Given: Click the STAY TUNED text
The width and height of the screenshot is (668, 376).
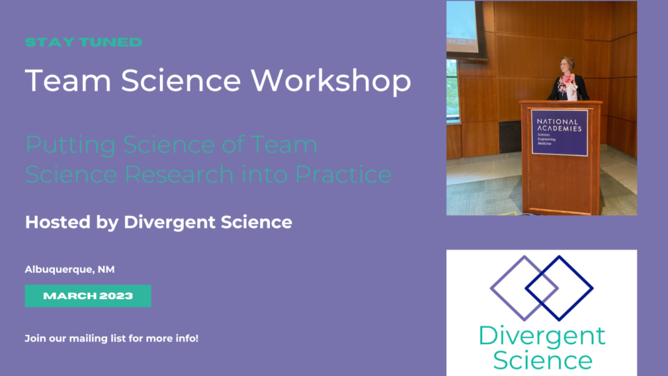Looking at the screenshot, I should tap(83, 42).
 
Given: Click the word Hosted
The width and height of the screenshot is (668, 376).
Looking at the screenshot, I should tap(54, 222).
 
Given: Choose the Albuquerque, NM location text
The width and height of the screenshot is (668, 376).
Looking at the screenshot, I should tap(70, 269).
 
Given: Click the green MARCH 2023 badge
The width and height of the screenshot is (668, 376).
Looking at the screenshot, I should tap(88, 296).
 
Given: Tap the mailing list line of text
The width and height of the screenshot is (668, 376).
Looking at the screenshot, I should tap(112, 339).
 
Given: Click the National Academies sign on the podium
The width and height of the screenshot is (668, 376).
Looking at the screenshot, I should tap(559, 133).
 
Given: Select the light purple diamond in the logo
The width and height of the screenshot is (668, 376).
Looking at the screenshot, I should tap(524, 288).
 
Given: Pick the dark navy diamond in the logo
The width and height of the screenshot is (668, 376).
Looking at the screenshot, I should tap(559, 288).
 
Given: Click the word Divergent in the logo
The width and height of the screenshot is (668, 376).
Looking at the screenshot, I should tap(541, 337).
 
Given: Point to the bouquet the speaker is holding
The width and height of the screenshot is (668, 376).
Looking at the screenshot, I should tap(568, 83).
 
